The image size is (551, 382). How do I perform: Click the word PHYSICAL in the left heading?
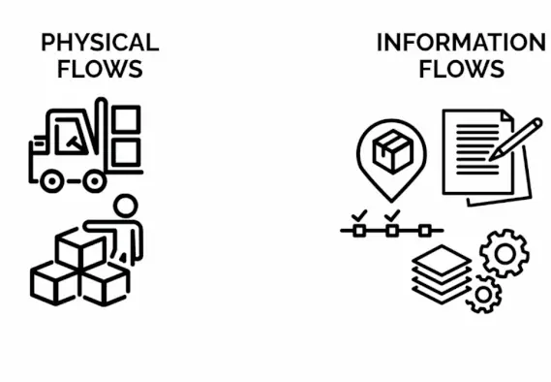click(x=100, y=44)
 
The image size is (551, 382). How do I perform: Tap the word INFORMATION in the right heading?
click(x=461, y=44)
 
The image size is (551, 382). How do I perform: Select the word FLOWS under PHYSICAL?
click(x=100, y=69)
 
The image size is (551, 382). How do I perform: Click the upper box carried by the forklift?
click(x=126, y=119)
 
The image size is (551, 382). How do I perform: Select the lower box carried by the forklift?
click(x=126, y=151)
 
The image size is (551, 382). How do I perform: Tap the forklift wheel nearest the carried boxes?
click(x=94, y=179)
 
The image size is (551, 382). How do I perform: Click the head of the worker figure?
click(x=125, y=206)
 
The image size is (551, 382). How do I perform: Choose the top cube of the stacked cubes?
click(x=79, y=251)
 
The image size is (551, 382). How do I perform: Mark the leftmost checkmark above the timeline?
click(x=359, y=215)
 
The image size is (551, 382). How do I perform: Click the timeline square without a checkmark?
click(x=424, y=231)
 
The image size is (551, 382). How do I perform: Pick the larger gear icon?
click(x=504, y=254)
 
